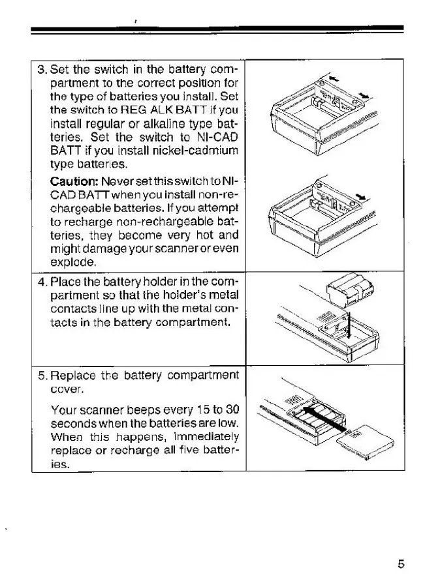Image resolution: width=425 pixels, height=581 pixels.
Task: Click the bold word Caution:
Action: [71, 180]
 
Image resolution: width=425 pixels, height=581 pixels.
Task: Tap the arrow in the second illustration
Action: [361, 195]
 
